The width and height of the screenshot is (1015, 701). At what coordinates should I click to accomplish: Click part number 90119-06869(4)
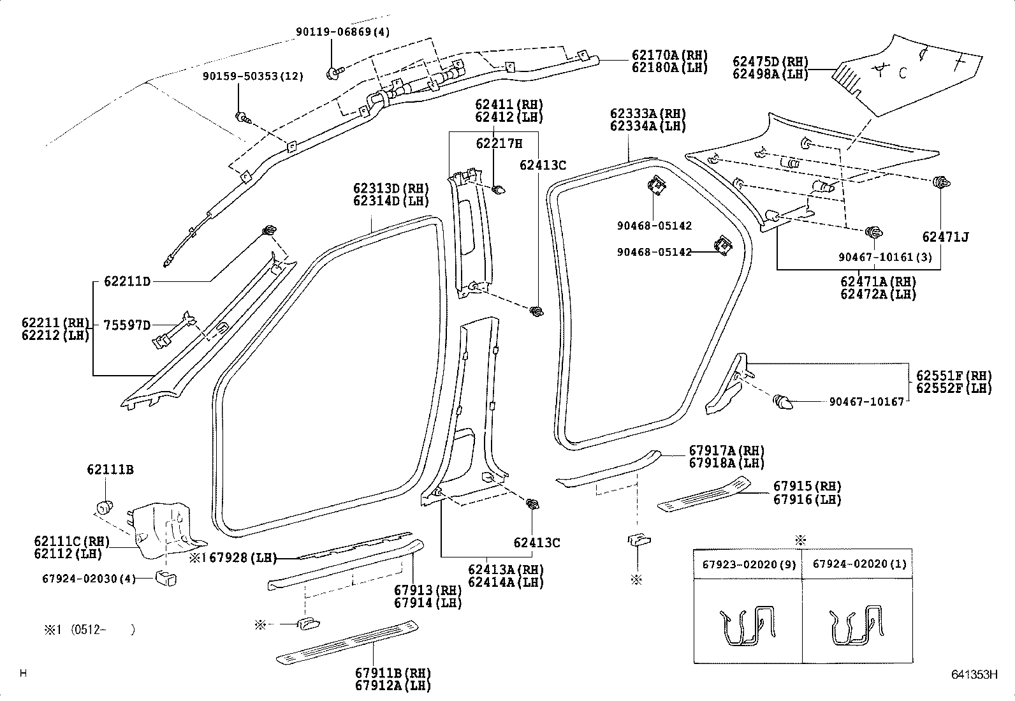click(342, 32)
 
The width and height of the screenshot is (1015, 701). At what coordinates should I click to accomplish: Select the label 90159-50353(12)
click(253, 76)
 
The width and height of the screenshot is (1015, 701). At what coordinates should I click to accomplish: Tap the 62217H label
click(499, 144)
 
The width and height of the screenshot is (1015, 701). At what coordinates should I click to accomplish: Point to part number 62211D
click(127, 281)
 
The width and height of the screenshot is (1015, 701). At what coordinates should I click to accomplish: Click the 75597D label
click(127, 325)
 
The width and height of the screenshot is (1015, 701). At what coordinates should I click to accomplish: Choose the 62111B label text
click(110, 469)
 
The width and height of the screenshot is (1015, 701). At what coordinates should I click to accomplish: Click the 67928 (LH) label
click(243, 557)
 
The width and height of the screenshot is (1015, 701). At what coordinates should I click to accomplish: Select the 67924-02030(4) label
click(89, 579)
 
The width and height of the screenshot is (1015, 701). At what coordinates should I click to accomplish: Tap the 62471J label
click(946, 237)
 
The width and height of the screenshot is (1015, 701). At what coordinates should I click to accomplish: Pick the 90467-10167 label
click(866, 402)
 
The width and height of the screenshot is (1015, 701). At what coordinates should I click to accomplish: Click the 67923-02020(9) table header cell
click(748, 564)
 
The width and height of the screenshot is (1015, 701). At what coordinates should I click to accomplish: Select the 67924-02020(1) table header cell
click(858, 564)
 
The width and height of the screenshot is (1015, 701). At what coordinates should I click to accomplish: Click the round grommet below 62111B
click(105, 507)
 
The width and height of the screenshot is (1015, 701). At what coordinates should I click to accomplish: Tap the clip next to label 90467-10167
click(782, 402)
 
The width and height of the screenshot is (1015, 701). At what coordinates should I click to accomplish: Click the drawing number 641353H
click(974, 675)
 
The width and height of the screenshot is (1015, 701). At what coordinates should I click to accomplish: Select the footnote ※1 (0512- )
click(89, 630)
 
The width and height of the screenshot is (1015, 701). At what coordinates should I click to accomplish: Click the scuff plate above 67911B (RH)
click(347, 642)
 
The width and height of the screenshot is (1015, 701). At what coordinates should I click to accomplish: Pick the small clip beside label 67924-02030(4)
click(166, 579)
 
